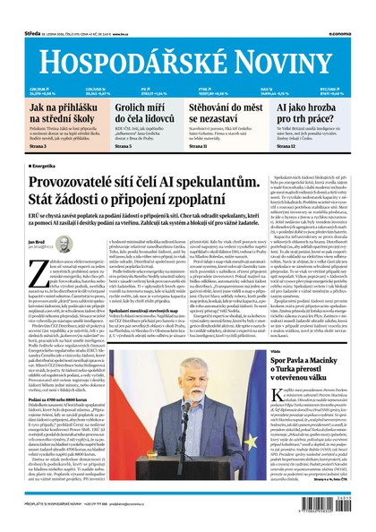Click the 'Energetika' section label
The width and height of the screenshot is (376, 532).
(47, 166)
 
